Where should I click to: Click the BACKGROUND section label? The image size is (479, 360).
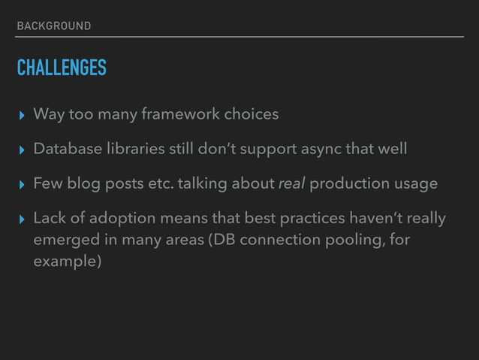[53, 26]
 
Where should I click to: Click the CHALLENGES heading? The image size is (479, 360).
[62, 68]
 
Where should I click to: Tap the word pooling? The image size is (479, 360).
[352, 241]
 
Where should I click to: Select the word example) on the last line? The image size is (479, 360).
[67, 263]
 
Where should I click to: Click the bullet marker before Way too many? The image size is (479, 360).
[21, 115]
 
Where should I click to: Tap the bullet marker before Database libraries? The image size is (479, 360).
[21, 150]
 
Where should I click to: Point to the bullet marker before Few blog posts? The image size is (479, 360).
[21, 184]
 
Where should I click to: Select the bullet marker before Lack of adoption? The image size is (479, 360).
[21, 219]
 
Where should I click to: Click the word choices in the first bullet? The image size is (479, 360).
[251, 114]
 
